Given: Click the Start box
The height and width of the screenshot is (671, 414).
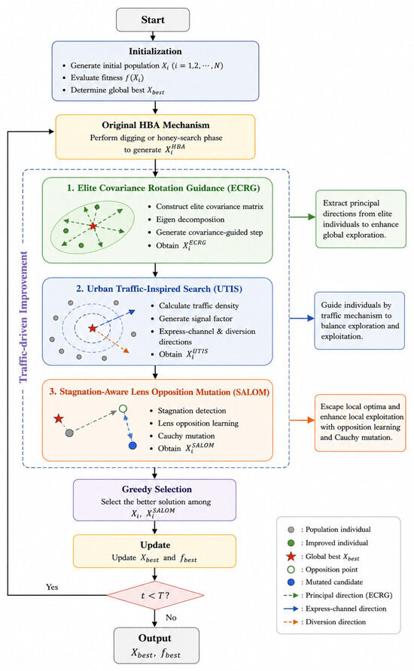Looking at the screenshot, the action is coord(153,20).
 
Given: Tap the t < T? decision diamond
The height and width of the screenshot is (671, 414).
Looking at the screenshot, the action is coord(155,595).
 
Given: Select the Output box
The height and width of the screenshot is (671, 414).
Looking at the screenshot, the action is coord(157,645).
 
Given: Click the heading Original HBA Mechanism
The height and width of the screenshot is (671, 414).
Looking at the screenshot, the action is coord(156,125).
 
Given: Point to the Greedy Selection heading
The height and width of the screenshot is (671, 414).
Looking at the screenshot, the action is coord(157,489).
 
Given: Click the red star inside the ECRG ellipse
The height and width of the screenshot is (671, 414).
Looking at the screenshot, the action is coord(93,226).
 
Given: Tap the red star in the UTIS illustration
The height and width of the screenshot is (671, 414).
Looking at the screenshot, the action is coord(93,328).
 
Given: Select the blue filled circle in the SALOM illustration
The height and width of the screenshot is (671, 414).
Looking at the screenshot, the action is coord(132,445).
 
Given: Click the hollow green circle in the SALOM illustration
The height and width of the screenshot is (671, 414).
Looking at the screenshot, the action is coord(123,408).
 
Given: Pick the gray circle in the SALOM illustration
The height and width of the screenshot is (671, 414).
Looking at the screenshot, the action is coord(69,433).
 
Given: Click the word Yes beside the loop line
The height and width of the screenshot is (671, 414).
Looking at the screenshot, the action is coord(52,587).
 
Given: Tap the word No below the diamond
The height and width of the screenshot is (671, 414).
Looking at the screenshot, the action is coord(171,617).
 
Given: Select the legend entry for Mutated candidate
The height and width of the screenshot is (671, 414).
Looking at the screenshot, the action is coord(326,582).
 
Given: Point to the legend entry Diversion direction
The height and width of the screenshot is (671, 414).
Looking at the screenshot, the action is coord(325,622).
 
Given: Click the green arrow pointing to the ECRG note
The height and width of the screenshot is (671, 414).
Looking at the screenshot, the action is coord(303,217).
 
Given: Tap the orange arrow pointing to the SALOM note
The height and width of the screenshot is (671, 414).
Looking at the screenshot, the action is coord(303,421).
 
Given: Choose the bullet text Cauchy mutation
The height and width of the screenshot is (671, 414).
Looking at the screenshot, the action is coord(186,436).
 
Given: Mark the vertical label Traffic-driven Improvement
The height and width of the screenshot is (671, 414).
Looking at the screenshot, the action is coord(23,317).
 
